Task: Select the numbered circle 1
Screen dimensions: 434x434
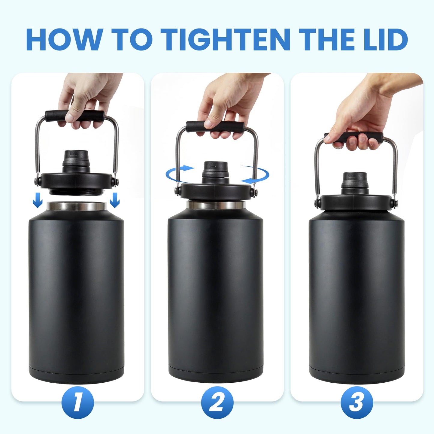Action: tap(77, 402)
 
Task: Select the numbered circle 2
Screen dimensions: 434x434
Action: tap(217, 402)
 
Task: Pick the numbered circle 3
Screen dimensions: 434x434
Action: tap(357, 402)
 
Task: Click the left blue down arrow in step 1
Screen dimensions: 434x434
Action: tap(38, 200)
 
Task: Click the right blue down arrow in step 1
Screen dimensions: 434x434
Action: tap(115, 200)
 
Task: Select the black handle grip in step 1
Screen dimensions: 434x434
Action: tap(75, 115)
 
